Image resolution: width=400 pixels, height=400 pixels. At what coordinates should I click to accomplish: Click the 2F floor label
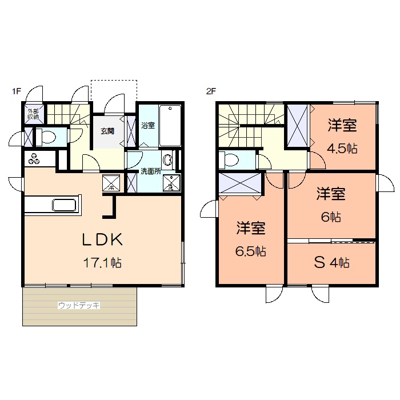pyautogui.click(x=211, y=91)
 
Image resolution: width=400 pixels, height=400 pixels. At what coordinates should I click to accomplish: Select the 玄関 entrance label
pyautogui.click(x=107, y=131)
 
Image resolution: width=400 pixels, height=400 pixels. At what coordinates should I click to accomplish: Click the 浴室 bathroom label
pyautogui.click(x=147, y=125)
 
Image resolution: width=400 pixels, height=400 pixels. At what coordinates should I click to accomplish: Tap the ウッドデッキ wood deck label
pyautogui.click(x=79, y=306)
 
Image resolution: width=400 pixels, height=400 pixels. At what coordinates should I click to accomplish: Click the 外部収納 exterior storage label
pyautogui.click(x=33, y=114)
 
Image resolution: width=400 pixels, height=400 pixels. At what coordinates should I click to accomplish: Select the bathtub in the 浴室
pyautogui.click(x=170, y=125)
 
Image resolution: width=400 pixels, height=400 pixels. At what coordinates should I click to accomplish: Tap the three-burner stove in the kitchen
pyautogui.click(x=33, y=159)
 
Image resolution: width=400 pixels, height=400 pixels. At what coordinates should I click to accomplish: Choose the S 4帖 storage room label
pyautogui.click(x=331, y=263)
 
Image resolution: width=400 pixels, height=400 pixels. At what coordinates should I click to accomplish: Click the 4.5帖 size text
pyautogui.click(x=342, y=149)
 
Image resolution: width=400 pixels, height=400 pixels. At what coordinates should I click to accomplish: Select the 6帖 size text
pyautogui.click(x=331, y=217)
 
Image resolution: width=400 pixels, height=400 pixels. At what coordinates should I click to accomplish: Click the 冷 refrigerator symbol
pyautogui.click(x=111, y=184)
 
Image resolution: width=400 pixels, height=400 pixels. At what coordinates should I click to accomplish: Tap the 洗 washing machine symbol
pyautogui.click(x=170, y=184)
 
